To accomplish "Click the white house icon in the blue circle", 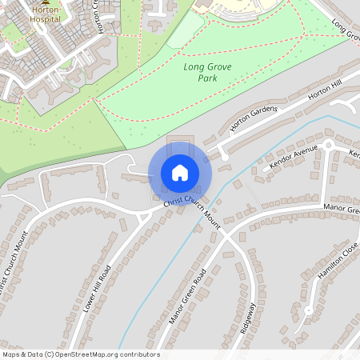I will pyautogui.click(x=180, y=173).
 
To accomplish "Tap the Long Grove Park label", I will pyautogui.click(x=206, y=74).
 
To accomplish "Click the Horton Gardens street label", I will pyautogui.click(x=253, y=118).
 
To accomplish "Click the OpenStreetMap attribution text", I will pyautogui.click(x=80, y=354).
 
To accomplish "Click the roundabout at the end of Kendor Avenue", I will pyautogui.click(x=327, y=146).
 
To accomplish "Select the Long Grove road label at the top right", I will pyautogui.click(x=345, y=30).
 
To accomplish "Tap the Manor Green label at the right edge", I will pyautogui.click(x=342, y=209).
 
